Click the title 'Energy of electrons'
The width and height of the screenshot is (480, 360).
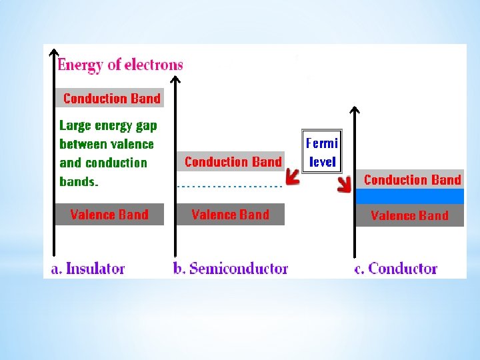(x=120, y=65)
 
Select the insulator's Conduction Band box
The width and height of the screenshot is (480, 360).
(x=109, y=99)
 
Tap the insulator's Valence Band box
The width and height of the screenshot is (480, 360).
(x=109, y=214)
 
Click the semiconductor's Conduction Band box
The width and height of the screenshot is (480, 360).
(x=231, y=161)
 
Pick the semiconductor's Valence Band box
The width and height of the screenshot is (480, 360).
(x=230, y=214)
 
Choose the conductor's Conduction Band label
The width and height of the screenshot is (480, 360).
(x=411, y=179)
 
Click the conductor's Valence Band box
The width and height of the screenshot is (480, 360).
(x=409, y=215)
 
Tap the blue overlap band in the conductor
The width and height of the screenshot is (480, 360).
(x=409, y=196)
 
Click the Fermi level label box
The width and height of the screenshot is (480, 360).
(x=322, y=152)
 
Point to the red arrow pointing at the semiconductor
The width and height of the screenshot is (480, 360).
(x=292, y=177)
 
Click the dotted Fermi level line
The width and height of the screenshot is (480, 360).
(x=230, y=187)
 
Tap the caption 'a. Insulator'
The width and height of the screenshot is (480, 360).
(x=88, y=269)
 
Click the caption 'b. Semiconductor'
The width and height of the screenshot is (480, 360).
(x=230, y=269)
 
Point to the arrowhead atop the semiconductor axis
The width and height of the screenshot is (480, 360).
(x=175, y=80)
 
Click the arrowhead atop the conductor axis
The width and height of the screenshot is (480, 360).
(x=355, y=110)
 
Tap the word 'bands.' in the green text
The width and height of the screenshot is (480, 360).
(x=79, y=181)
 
